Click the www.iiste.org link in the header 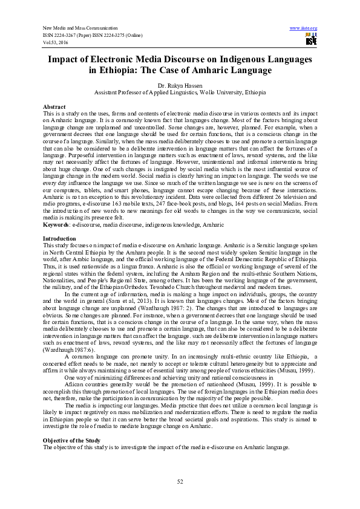pos(304,28)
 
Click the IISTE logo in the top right pos(312,40)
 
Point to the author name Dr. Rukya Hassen pos(180,86)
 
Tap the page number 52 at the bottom pos(180,481)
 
